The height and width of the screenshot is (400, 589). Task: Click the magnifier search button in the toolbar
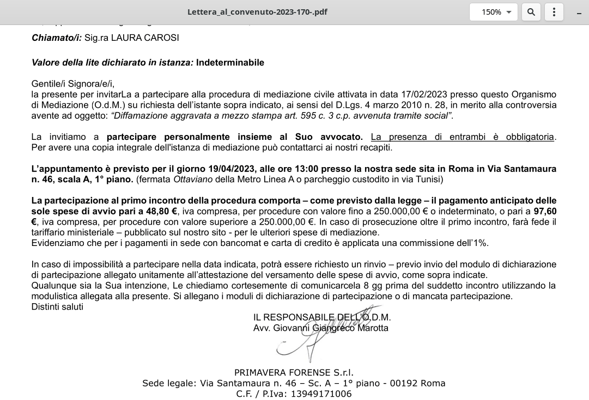click(x=531, y=12)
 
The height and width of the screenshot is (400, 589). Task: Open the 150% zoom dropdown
click(x=493, y=12)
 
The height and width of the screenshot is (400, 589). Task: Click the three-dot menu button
click(x=554, y=12)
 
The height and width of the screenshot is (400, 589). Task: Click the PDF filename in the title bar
click(x=257, y=12)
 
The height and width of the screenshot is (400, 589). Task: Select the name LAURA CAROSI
click(x=145, y=38)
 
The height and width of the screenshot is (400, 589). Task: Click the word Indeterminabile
click(x=230, y=63)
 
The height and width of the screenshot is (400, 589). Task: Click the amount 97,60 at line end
click(x=545, y=211)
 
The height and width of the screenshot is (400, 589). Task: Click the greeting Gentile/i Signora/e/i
click(x=72, y=84)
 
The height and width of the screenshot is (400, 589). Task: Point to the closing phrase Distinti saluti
click(x=57, y=307)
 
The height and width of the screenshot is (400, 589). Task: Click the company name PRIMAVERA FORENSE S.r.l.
click(x=294, y=373)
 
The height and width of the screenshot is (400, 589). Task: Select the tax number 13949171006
click(x=321, y=394)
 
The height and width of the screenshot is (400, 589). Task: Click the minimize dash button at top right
click(x=579, y=13)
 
